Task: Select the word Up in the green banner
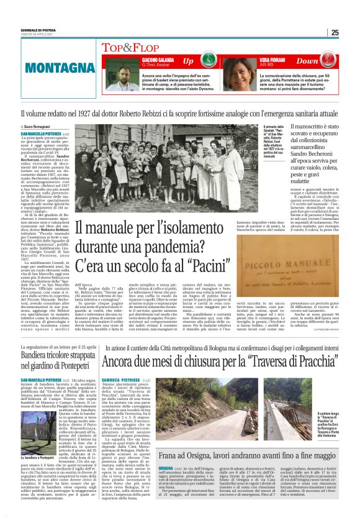tap(188, 61)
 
